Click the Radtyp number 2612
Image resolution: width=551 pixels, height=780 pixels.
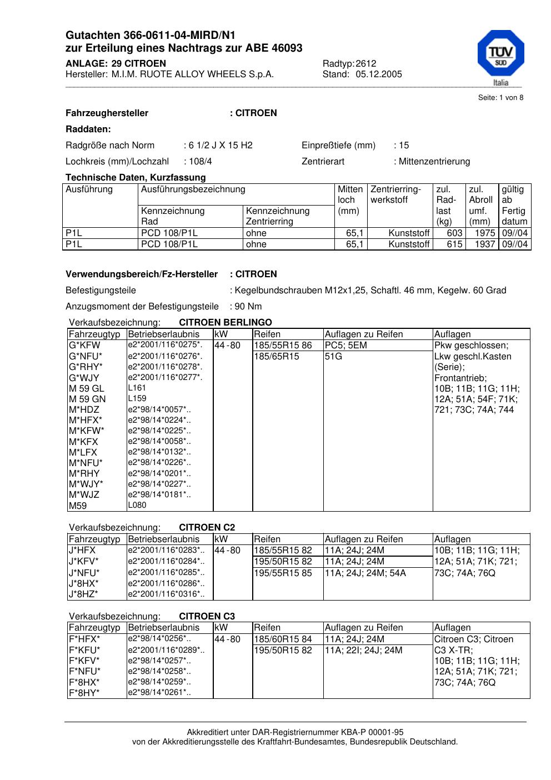[x=366, y=63]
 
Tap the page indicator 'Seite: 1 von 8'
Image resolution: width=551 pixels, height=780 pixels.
[x=500, y=98]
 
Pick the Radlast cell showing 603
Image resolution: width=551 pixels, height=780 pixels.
[x=455, y=233]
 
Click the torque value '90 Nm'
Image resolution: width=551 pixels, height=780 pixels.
[x=248, y=307]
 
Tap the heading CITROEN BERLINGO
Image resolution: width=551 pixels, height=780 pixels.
[x=226, y=323]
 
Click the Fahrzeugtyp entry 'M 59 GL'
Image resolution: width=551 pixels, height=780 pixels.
[x=87, y=388]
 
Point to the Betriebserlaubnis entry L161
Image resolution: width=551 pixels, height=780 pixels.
[x=137, y=388]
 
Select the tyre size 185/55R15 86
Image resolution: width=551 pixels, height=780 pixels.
[x=283, y=346]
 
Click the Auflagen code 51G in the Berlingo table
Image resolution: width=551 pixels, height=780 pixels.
[x=333, y=357]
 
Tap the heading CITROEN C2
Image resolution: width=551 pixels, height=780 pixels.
[x=207, y=528]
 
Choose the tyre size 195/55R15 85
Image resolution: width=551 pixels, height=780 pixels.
[x=283, y=573]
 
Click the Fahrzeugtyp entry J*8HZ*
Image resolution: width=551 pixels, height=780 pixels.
[x=83, y=594]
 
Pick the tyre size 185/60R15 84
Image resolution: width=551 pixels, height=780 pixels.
[x=283, y=639]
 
